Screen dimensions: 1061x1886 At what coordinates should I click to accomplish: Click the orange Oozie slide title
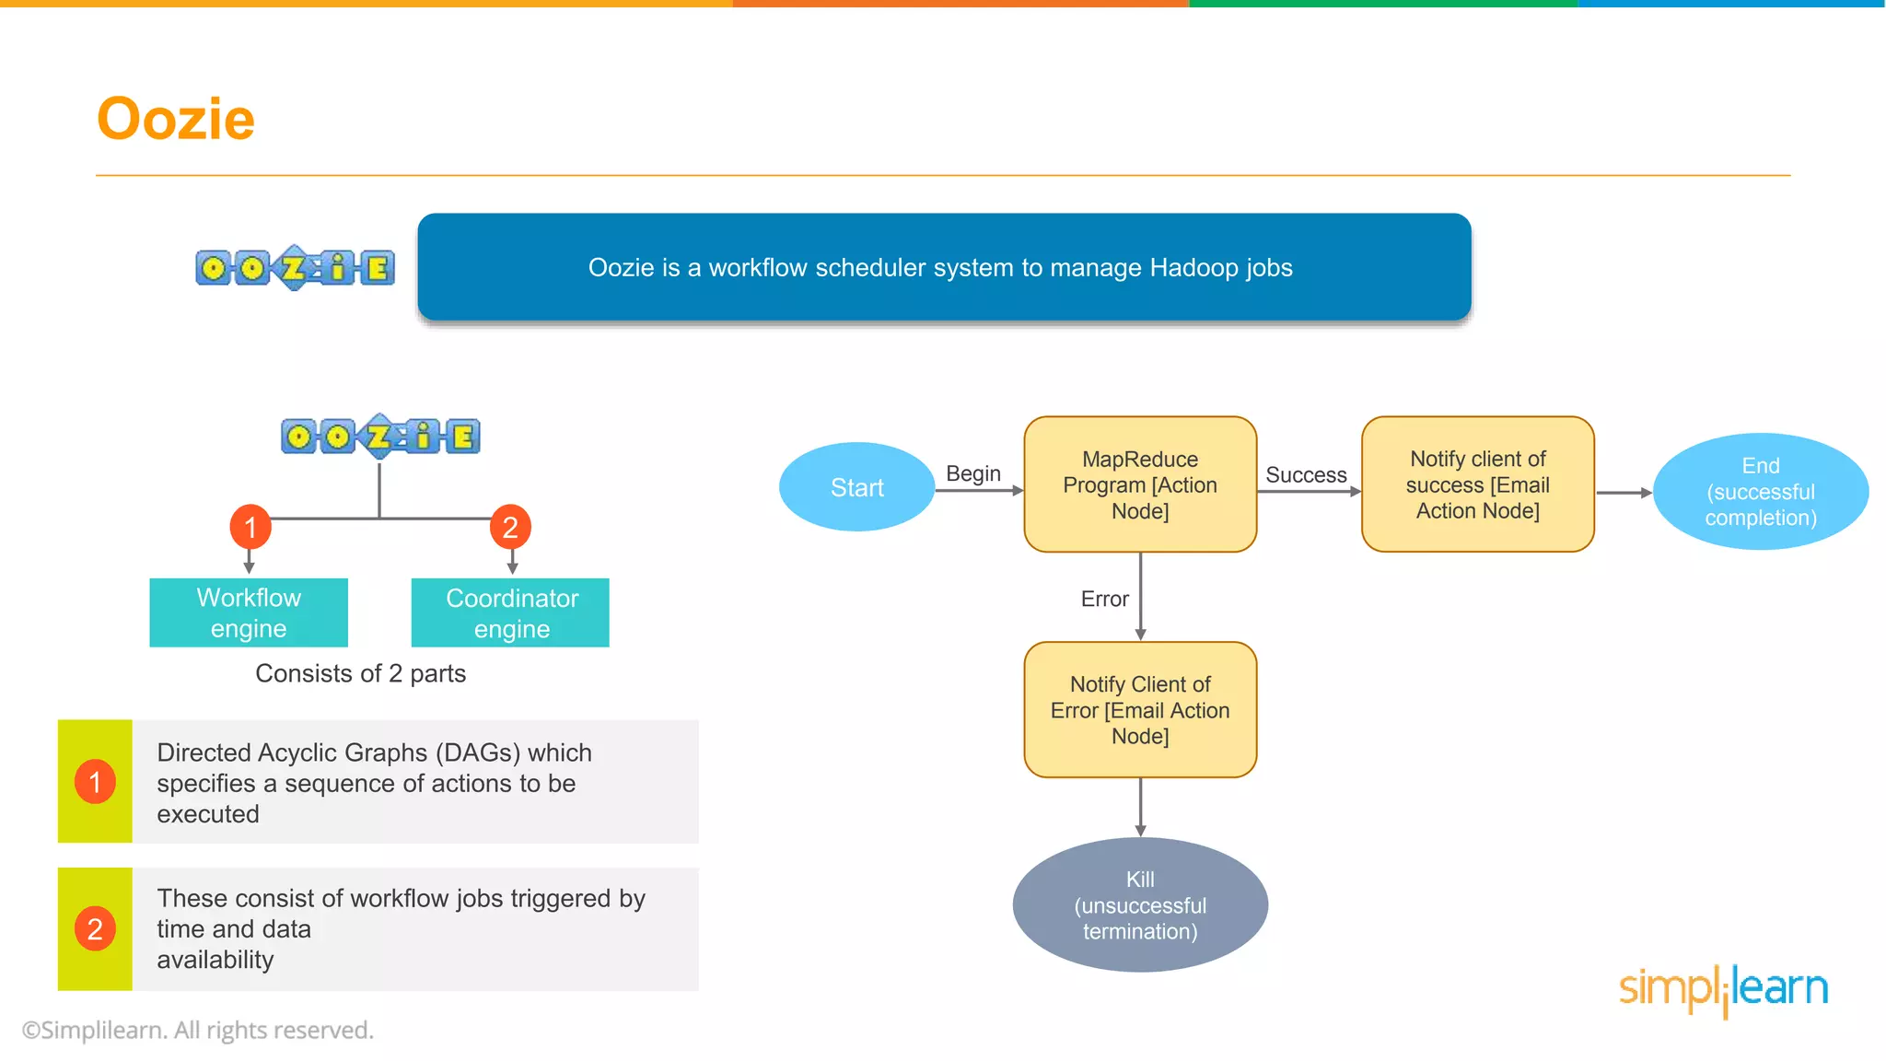click(175, 119)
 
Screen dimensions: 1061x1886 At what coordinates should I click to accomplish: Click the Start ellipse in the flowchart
click(856, 487)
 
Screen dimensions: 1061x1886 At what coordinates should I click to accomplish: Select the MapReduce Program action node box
click(1140, 484)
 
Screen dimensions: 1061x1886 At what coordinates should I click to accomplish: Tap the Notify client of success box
click(1477, 484)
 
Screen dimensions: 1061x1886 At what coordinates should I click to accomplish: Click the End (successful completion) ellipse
click(1760, 492)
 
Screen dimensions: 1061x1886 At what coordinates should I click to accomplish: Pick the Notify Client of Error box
click(1140, 710)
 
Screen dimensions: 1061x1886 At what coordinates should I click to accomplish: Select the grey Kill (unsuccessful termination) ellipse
click(1140, 905)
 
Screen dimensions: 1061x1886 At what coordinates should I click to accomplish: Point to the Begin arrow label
click(972, 473)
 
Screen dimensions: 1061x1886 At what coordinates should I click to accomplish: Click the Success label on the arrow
click(1306, 475)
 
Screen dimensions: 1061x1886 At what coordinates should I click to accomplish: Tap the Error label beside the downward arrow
click(1104, 600)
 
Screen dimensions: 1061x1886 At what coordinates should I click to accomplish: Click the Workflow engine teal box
click(249, 612)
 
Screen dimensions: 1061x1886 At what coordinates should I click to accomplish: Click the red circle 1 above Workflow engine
click(250, 527)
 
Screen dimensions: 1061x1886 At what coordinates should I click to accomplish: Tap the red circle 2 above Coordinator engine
click(510, 527)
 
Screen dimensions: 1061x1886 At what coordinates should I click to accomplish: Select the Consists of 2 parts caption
click(360, 673)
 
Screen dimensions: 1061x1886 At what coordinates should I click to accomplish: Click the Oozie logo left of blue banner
click(295, 268)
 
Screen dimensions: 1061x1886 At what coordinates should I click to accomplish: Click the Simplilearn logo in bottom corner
click(1723, 989)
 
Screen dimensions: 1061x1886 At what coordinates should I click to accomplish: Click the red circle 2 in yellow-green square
click(95, 929)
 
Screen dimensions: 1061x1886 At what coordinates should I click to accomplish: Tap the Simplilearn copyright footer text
click(198, 1030)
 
